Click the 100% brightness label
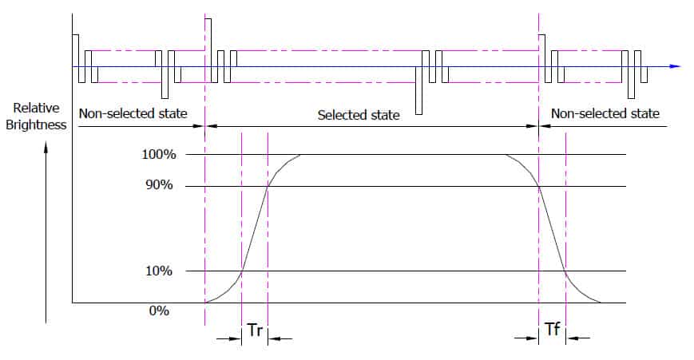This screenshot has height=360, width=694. click(158, 154)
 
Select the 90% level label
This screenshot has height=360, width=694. click(159, 185)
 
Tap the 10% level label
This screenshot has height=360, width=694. click(159, 271)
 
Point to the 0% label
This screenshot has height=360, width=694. click(159, 311)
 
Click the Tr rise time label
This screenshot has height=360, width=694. click(255, 330)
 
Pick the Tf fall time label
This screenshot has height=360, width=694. click(553, 329)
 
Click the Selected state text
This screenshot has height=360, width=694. click(359, 116)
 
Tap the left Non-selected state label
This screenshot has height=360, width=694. click(133, 113)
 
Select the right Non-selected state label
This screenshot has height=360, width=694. click(605, 113)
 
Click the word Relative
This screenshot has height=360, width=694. click(36, 108)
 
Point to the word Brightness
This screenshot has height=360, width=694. click(36, 125)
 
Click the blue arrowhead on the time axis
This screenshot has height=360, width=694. click(675, 66)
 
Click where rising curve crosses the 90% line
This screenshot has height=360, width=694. click(268, 186)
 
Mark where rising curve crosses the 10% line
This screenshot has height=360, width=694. click(242, 271)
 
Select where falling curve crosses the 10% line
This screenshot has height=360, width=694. click(565, 271)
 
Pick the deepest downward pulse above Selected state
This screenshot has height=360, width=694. click(418, 91)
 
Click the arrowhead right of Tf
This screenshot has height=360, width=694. click(573, 338)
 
